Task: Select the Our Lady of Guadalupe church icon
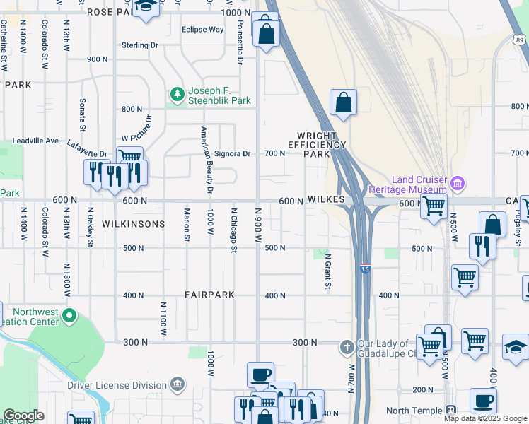click(347, 347)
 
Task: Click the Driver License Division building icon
click(177, 385)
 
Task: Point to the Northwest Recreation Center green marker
click(69, 315)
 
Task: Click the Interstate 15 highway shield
click(364, 269)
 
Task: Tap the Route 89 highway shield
click(520, 41)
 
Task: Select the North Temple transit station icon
click(450, 411)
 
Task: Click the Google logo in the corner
click(23, 416)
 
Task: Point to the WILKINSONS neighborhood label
click(133, 224)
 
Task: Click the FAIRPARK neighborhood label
click(209, 295)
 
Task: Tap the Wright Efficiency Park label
click(317, 144)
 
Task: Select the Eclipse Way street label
click(202, 30)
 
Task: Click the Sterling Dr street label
click(139, 45)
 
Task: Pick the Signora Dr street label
click(232, 153)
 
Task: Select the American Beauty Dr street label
click(207, 160)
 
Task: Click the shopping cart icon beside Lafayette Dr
click(129, 157)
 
